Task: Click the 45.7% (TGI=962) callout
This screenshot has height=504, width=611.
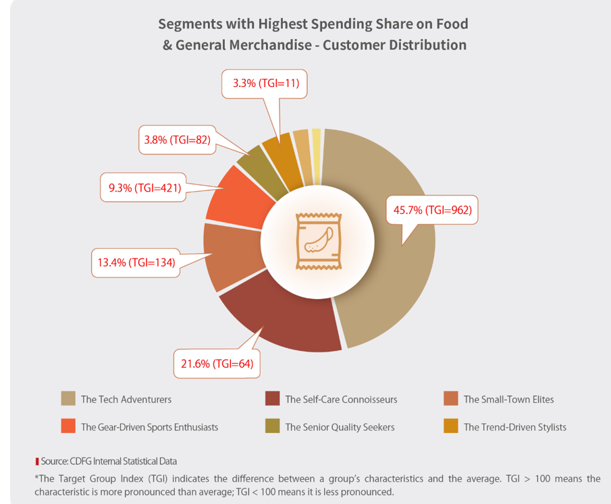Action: (x=432, y=210)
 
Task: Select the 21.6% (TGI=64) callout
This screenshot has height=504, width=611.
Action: (x=217, y=363)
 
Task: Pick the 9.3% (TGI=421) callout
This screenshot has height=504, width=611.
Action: (x=144, y=188)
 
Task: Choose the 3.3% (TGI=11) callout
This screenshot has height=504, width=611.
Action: (x=265, y=84)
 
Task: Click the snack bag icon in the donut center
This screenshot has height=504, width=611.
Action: (x=317, y=242)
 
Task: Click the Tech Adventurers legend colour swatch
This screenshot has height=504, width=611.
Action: (x=68, y=398)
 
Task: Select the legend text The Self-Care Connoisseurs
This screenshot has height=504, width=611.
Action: (x=341, y=399)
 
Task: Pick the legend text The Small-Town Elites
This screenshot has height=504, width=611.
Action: (x=508, y=399)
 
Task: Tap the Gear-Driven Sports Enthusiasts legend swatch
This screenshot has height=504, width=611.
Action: (x=68, y=426)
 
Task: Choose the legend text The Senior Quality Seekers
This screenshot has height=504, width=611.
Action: (x=340, y=427)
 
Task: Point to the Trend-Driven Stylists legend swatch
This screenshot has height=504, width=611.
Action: (x=451, y=426)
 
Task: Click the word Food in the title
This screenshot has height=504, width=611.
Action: (x=451, y=24)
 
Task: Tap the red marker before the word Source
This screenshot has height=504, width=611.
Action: (x=37, y=461)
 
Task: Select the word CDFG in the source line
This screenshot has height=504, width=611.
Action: (x=80, y=461)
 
